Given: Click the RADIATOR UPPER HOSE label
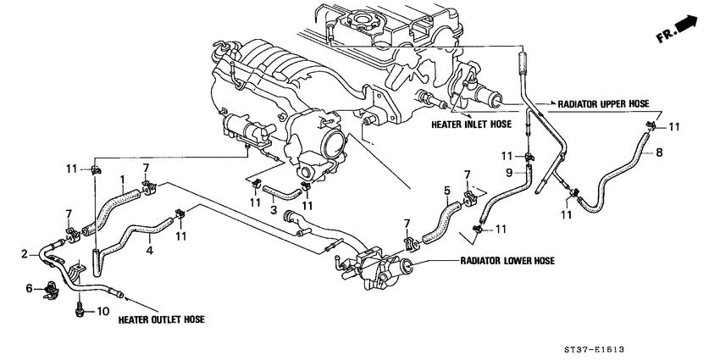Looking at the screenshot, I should pos(602,103).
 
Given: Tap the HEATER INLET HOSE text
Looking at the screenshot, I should pos(471,123).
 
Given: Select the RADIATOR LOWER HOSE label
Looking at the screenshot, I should pos(507,261).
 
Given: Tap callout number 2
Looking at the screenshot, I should pos(25,252).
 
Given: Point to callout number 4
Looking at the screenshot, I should pos(149,251).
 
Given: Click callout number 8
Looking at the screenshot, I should pos(660,153).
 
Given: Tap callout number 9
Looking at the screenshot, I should pos(509,173).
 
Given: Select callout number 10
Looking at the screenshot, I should pos(102,312).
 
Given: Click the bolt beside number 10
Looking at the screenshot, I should pos(79,309).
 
